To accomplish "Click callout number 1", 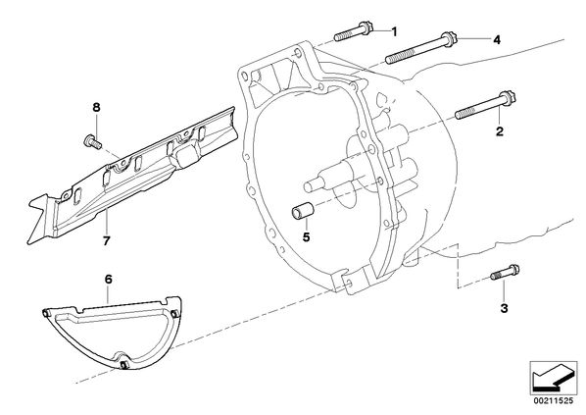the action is click(x=394, y=31).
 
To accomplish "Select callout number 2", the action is click(x=500, y=131).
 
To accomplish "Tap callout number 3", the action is click(x=504, y=308).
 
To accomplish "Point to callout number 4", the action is click(x=496, y=39).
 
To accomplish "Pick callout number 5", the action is click(x=307, y=236).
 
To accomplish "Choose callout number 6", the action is click(x=109, y=280).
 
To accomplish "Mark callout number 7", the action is click(x=107, y=241).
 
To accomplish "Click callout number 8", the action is click(x=96, y=108).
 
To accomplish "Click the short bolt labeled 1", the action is click(x=352, y=31).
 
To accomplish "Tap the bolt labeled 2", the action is click(x=485, y=105).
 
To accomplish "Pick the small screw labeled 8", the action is click(x=91, y=142).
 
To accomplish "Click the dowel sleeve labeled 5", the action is click(x=302, y=212).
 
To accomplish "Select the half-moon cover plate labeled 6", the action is click(x=112, y=332).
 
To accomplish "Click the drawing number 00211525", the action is click(x=553, y=401).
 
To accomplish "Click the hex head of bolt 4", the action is click(x=448, y=38).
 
